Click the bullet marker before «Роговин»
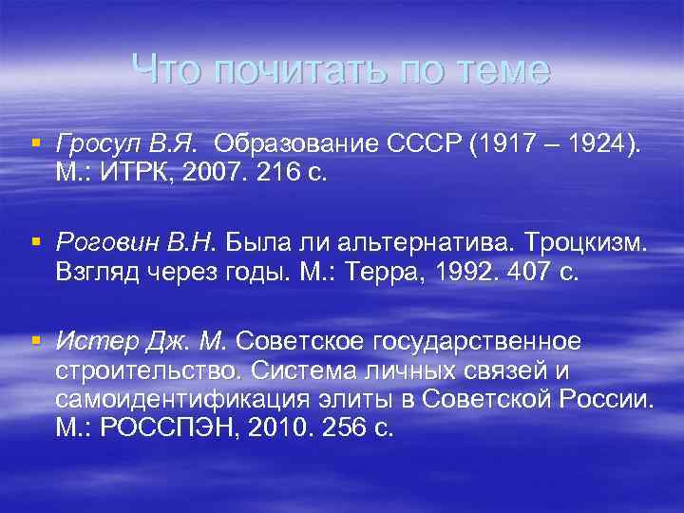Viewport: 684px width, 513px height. coord(35,241)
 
